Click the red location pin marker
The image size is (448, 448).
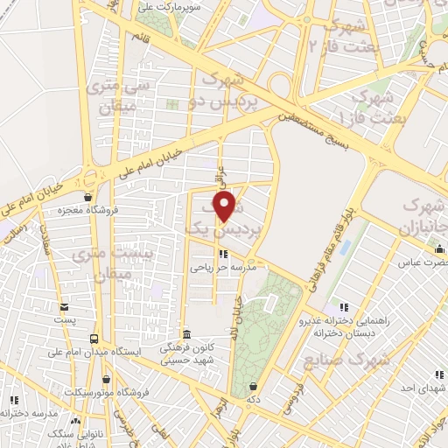click(x=225, y=207)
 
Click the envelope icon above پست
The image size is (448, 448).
click(x=64, y=307)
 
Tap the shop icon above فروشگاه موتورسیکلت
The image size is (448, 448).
click(x=107, y=380)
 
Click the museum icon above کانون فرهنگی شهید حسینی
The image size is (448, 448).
click(x=185, y=334)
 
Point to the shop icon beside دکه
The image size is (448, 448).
click(x=253, y=386)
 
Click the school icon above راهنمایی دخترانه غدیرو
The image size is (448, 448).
click(x=343, y=307)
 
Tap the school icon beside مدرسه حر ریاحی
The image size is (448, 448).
click(x=222, y=255)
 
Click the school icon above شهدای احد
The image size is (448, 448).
click(x=438, y=373)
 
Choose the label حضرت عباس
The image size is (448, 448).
click(x=423, y=262)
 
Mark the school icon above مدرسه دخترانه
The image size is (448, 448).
click(x=12, y=400)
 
